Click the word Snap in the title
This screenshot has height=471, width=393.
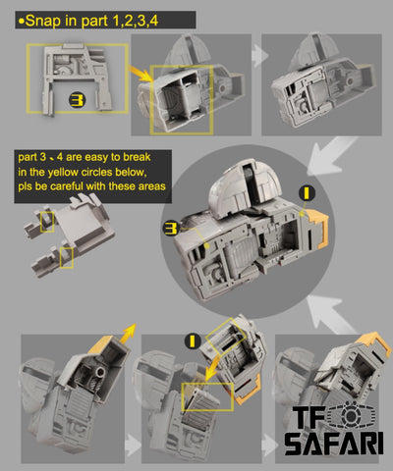(x=42, y=21)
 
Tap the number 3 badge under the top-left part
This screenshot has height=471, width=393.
(x=78, y=100)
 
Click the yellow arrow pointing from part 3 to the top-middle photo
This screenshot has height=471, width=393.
(x=141, y=74)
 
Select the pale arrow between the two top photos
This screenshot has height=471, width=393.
(x=260, y=55)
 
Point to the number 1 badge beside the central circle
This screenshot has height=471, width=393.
(x=307, y=193)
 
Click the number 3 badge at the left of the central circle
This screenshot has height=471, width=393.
(x=171, y=228)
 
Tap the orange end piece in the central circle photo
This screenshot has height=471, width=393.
(x=317, y=227)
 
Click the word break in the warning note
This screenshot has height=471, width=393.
(x=137, y=157)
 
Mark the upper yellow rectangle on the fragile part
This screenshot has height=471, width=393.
(x=47, y=222)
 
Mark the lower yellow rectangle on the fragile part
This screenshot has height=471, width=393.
(x=67, y=258)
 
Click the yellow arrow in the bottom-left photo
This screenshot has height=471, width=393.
(x=127, y=333)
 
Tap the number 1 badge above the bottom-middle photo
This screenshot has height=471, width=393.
(x=193, y=341)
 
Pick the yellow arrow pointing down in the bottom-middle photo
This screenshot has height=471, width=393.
(x=217, y=364)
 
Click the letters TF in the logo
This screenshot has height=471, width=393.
(x=308, y=417)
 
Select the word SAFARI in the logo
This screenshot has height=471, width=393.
(x=334, y=444)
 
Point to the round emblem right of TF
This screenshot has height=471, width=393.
(x=351, y=415)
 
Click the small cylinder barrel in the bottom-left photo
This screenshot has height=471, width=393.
(x=100, y=372)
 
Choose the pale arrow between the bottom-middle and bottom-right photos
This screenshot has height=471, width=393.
(x=269, y=445)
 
